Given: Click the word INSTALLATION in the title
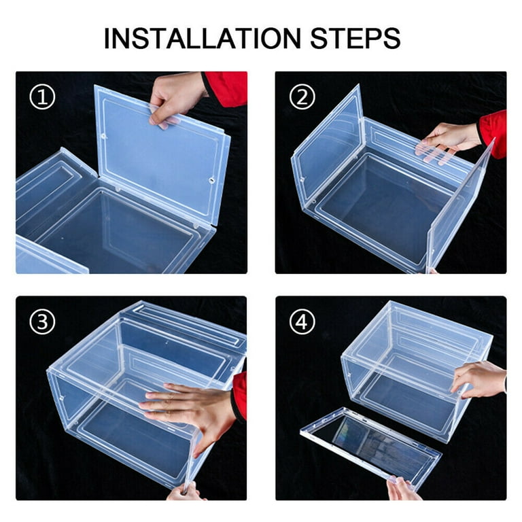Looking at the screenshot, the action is [203, 38].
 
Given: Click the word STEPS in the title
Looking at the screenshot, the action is [355, 38].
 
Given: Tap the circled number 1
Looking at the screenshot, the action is [42, 97].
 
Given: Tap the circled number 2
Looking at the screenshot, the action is [302, 97].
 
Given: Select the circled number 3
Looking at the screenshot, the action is [42, 322].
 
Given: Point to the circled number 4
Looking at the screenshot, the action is [302, 322].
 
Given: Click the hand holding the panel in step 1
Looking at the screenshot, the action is [177, 98].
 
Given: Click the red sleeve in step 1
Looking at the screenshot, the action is [226, 88].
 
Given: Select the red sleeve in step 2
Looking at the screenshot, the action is [493, 133].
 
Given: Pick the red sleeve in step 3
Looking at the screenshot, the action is [241, 396].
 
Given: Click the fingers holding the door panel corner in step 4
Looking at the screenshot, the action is [403, 489].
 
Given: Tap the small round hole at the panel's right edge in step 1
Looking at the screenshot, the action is [212, 180].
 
